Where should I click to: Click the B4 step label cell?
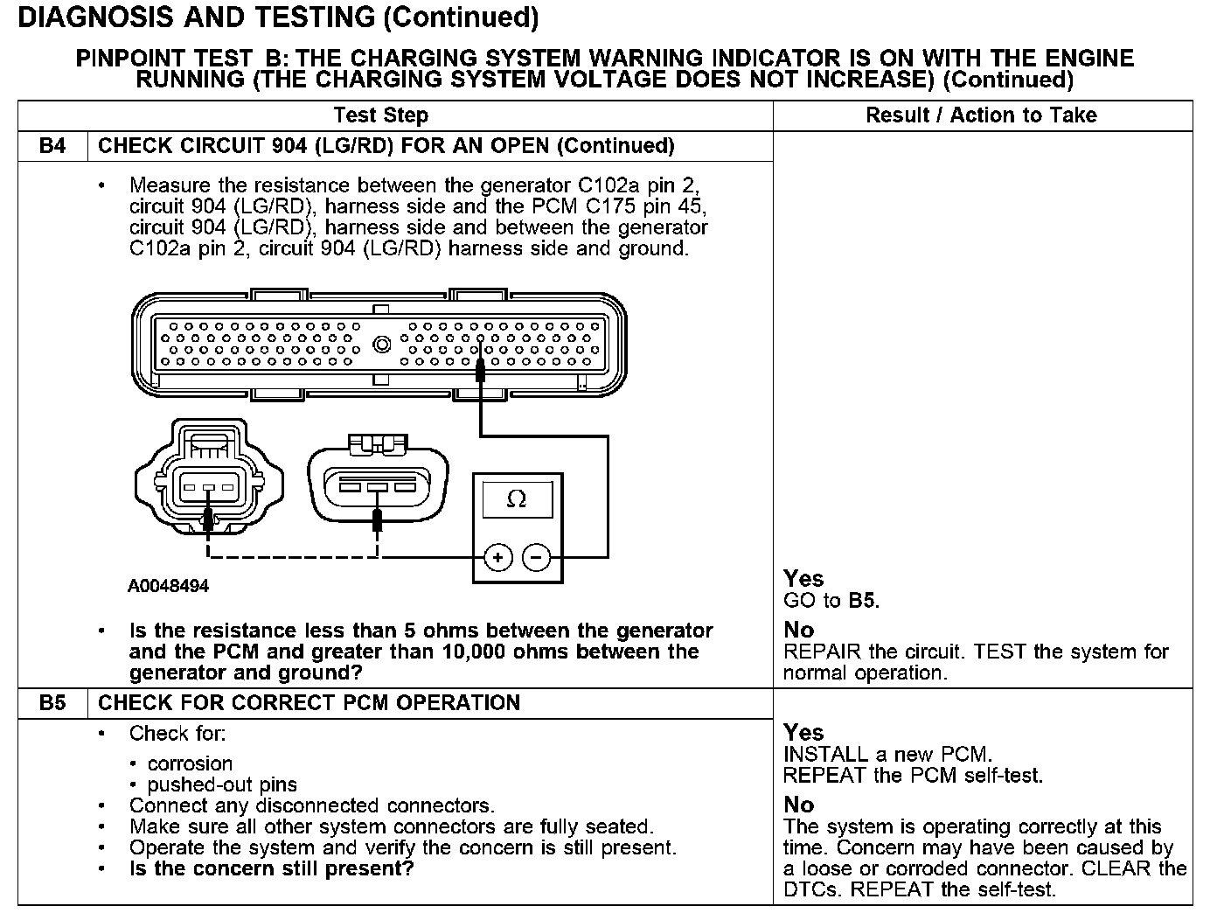click(x=52, y=146)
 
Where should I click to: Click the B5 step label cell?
click(x=52, y=703)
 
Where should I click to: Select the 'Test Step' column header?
click(x=380, y=115)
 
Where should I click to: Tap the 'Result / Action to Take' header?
click(x=981, y=115)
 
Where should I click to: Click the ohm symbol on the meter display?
click(x=517, y=499)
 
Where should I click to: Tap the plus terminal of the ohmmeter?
click(x=497, y=557)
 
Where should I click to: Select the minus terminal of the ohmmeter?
click(x=536, y=557)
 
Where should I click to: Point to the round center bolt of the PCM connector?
click(x=381, y=345)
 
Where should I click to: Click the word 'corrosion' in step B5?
click(x=190, y=763)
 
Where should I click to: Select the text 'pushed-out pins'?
click(x=222, y=784)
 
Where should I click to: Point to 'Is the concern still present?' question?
click(x=271, y=868)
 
